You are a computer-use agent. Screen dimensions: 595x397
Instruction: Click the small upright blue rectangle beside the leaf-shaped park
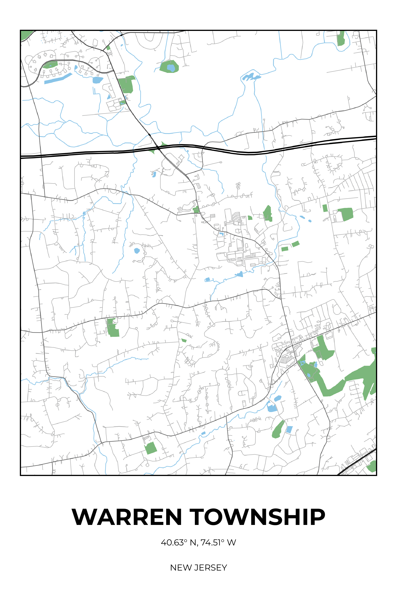[289, 429]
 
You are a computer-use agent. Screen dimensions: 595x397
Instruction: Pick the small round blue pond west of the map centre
[137, 251]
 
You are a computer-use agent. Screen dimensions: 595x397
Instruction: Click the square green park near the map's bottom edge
[151, 448]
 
